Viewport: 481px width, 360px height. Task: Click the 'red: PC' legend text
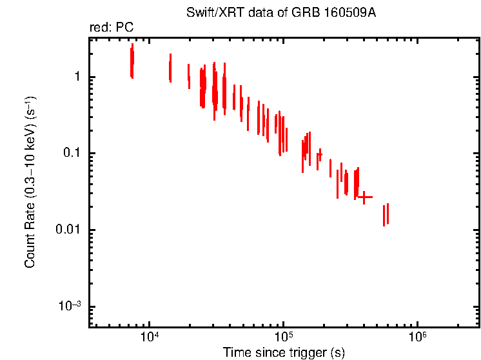[x=111, y=28]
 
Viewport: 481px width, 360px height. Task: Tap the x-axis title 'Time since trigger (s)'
[x=284, y=352]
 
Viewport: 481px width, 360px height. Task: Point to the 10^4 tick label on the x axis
[x=149, y=336]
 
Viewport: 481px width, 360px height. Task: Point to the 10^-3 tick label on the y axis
[x=70, y=306]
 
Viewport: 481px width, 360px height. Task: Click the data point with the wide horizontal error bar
[x=365, y=197]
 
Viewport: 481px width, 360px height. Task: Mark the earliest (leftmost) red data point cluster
[x=132, y=61]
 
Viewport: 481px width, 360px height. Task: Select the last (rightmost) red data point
[x=388, y=214]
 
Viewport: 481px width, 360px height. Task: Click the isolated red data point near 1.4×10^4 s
[x=170, y=68]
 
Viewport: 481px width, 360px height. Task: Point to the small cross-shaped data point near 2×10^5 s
[x=319, y=154]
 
